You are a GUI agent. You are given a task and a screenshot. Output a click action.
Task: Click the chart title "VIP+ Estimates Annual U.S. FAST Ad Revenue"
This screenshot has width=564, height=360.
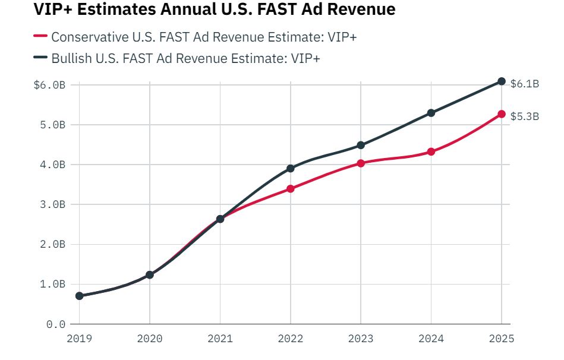click(x=215, y=11)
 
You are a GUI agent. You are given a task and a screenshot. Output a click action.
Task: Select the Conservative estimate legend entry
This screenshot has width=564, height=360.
click(x=204, y=37)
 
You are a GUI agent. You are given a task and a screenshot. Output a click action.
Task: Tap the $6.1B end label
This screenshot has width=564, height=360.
click(x=525, y=84)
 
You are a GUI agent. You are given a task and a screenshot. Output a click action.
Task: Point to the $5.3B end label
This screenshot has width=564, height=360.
click(x=525, y=116)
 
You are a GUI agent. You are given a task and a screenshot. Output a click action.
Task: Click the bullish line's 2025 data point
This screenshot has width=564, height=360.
click(x=502, y=81)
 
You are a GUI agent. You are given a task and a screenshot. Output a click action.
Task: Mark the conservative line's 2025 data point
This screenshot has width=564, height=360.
click(x=502, y=114)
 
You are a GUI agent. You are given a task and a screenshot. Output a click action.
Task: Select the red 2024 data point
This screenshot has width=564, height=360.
click(x=431, y=152)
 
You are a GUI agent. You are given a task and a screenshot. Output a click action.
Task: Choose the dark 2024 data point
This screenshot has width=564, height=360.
click(x=431, y=113)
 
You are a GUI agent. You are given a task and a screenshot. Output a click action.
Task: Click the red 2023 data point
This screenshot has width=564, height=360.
click(x=361, y=163)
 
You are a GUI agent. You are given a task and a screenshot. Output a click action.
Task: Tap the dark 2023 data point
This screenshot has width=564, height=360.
click(x=361, y=145)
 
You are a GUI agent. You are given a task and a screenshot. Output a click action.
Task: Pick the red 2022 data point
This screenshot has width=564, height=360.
click(x=291, y=189)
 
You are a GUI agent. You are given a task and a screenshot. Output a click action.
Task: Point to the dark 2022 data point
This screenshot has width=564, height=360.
click(x=291, y=169)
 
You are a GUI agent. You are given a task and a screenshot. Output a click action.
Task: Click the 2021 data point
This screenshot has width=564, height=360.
click(x=220, y=219)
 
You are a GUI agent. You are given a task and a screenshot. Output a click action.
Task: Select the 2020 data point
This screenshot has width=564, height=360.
click(x=150, y=275)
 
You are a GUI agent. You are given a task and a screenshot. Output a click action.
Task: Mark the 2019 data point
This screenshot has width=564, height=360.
click(x=80, y=296)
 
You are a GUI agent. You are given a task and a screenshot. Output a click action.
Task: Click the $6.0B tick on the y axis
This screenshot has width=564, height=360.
click(x=49, y=85)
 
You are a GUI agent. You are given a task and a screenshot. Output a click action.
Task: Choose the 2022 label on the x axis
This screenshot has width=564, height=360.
click(x=291, y=339)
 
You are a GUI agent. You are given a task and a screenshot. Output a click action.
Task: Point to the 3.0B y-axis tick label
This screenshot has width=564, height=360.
click(x=52, y=204)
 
